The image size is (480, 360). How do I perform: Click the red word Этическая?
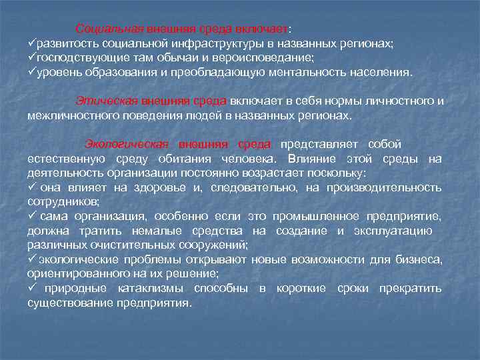tap(105, 101)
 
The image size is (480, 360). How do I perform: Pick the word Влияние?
tap(313, 159)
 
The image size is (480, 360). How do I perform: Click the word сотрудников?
tap(63, 201)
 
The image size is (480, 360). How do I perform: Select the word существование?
tap(69, 303)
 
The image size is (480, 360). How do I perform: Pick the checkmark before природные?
tap(31, 288)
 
